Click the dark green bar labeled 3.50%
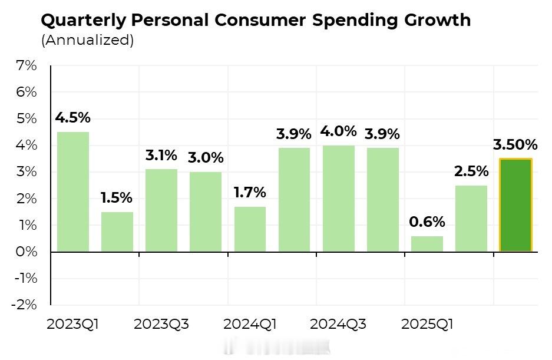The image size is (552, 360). pos(515,205)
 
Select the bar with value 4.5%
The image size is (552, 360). pos(73,192)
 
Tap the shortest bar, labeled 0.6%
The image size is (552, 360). pos(427,244)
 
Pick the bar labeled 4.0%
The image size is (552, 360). pos(338,199)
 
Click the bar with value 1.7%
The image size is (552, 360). pos(250,229)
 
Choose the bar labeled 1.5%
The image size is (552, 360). pos(117,232)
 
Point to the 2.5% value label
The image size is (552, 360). pos(471,171)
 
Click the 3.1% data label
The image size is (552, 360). pos(161,156)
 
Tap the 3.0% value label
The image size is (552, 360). pos(206,158)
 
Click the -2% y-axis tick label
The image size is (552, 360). pos(24,305)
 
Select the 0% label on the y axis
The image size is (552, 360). pos(27,252)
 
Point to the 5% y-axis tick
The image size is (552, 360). pos(27,118)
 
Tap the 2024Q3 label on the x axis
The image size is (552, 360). pos(338,324)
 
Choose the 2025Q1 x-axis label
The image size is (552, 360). pos(427,324)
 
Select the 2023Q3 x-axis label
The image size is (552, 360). pos(161,324)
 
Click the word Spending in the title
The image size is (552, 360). pos(361,21)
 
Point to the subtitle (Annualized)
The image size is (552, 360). pos(88,40)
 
